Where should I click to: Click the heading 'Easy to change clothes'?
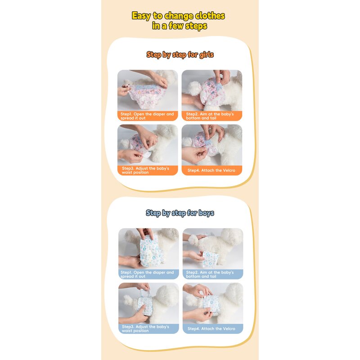(178, 16)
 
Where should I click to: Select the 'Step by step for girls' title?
(180, 55)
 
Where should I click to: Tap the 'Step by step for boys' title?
(180, 213)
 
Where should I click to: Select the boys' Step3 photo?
(148, 303)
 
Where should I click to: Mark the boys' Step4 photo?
(213, 303)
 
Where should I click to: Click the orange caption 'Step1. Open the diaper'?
(148, 116)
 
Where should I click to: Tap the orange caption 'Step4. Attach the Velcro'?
(211, 171)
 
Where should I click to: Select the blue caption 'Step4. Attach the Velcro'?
(212, 329)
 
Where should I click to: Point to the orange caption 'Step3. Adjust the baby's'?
(148, 171)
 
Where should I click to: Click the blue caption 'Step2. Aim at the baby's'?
(212, 274)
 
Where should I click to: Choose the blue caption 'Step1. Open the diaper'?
(148, 274)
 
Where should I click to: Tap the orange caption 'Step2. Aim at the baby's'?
(211, 116)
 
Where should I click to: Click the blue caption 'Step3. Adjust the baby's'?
(148, 329)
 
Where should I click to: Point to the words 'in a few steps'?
(179, 26)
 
